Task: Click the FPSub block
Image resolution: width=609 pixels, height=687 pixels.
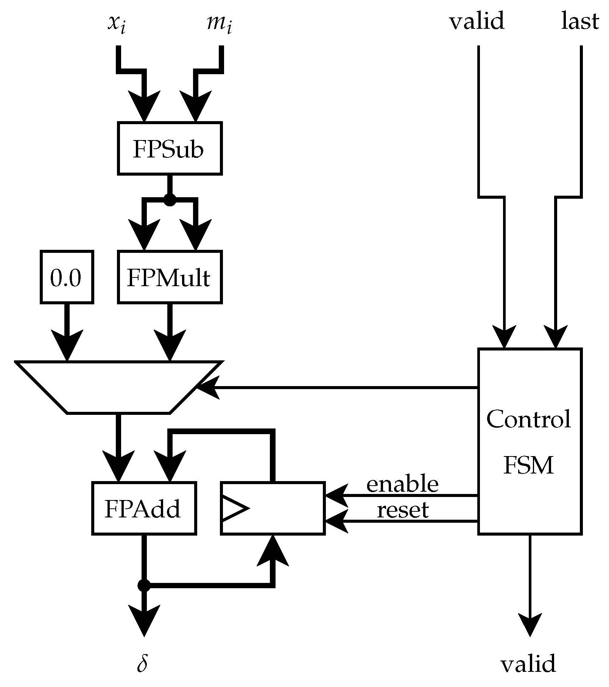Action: (x=169, y=148)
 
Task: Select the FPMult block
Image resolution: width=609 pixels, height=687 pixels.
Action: (x=169, y=277)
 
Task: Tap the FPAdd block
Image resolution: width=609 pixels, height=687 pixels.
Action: (x=144, y=508)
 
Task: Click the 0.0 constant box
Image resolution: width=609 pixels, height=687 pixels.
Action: (x=67, y=277)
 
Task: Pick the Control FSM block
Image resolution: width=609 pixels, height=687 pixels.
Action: (x=529, y=441)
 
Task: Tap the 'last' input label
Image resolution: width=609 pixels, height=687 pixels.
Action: (x=579, y=21)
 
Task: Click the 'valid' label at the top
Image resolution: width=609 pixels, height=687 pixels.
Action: (x=477, y=21)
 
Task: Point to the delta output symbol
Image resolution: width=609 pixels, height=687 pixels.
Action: (x=142, y=663)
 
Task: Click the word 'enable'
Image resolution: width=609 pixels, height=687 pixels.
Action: (x=402, y=484)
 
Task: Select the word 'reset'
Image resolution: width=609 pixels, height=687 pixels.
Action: (x=402, y=510)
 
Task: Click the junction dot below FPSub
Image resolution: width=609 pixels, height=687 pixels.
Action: (x=170, y=199)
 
